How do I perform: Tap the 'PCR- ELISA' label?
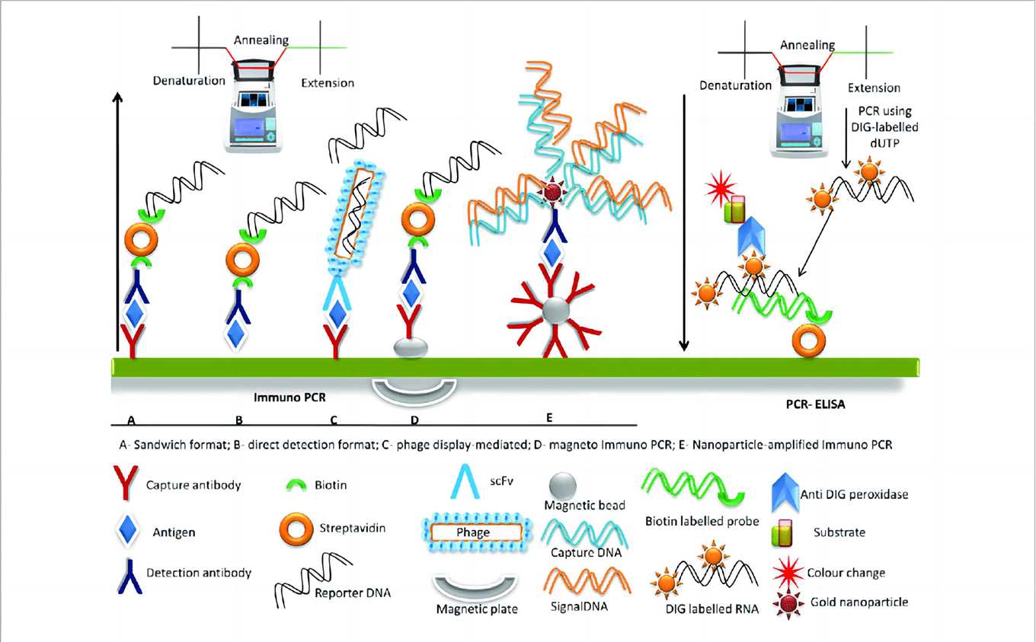[x=815, y=405]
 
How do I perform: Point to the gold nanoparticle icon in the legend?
[x=781, y=601]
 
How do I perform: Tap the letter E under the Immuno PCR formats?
[x=548, y=417]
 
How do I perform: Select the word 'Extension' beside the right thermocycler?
[x=874, y=88]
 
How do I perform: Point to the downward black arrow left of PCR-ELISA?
[x=684, y=221]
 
